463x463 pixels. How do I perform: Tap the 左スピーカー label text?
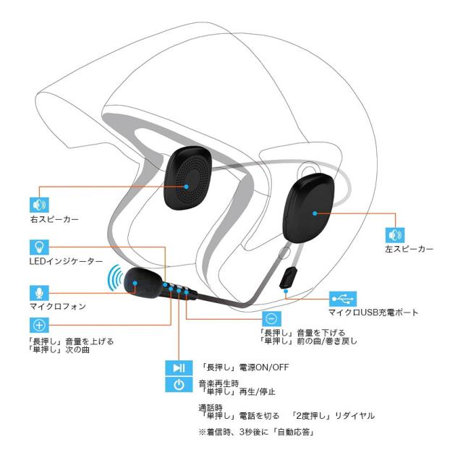point(410,249)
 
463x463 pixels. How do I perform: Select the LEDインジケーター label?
point(64,260)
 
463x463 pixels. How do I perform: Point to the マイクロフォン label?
point(57,306)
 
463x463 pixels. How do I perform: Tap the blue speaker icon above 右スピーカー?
point(38,203)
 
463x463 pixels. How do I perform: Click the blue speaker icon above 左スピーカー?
point(395,235)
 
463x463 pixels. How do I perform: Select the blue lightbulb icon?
point(38,246)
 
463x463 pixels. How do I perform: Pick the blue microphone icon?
point(38,292)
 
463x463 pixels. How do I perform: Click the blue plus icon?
point(38,326)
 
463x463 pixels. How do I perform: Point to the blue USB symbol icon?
point(343,298)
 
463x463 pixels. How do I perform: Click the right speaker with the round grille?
point(192,182)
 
